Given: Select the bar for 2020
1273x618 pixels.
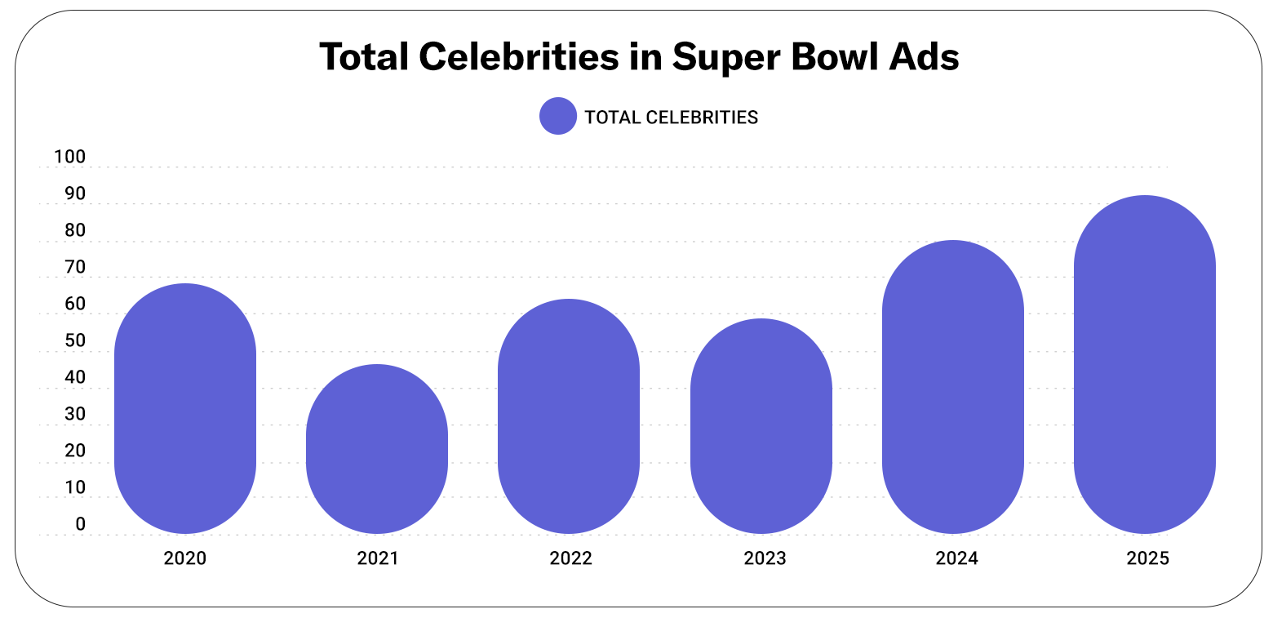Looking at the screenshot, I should (185, 408).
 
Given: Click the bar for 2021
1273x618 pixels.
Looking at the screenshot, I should (377, 449).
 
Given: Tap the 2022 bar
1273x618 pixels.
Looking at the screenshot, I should (569, 416).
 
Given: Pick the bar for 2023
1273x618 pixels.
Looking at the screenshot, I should (761, 426).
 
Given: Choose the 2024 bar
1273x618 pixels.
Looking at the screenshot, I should (953, 387).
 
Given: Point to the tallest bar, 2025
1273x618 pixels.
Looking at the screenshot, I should (1145, 364).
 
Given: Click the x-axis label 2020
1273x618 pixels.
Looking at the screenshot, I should (185, 559).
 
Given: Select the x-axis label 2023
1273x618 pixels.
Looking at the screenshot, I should (765, 559).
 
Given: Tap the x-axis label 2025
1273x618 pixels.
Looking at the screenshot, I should (1148, 559).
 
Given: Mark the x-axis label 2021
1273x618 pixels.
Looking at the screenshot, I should (378, 559).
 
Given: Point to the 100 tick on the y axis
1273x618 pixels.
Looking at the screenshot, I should (69, 157).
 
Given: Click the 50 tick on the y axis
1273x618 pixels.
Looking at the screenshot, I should (75, 340).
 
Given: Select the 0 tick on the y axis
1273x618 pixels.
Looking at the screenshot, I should (80, 524).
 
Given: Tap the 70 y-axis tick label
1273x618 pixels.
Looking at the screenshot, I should (75, 267).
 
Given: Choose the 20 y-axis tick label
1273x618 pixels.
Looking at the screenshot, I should (75, 451).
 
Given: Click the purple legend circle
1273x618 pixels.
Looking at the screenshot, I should (558, 117).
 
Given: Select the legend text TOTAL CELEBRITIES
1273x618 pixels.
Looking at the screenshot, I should (672, 118).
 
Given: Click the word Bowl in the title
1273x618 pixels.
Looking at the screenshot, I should (823, 57).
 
